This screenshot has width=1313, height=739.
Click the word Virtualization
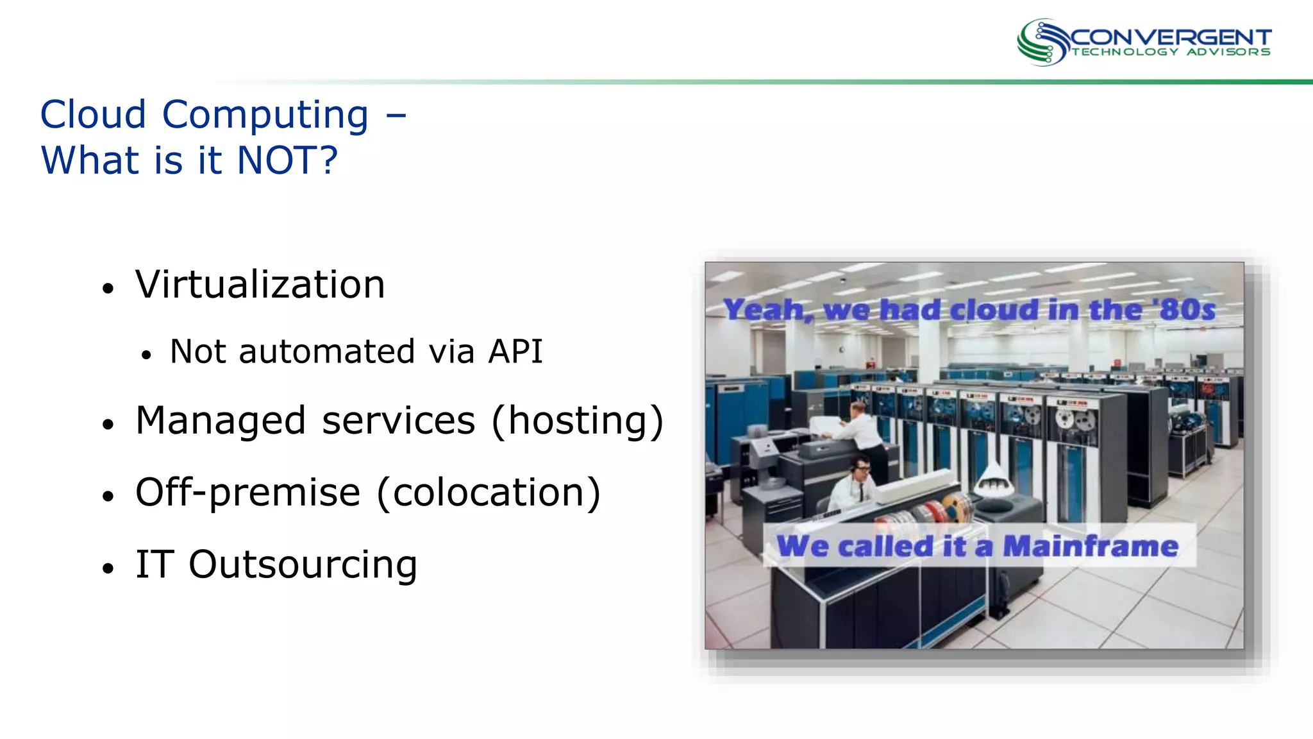(x=260, y=285)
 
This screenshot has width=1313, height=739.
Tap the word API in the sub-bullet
(x=515, y=352)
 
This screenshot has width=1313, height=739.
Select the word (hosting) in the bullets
(x=577, y=421)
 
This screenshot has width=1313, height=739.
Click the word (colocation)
(x=489, y=493)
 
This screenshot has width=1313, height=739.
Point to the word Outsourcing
(x=303, y=565)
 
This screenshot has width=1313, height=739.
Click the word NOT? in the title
(x=287, y=160)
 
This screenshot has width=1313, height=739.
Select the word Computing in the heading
(x=265, y=115)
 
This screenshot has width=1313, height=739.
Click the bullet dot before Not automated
(x=147, y=355)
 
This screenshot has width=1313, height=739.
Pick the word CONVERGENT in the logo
(x=1170, y=37)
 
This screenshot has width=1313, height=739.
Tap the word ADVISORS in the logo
(x=1228, y=52)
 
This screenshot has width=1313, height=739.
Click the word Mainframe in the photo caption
(x=1090, y=547)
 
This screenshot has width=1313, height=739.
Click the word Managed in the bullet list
(x=221, y=421)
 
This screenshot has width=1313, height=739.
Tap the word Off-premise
(x=247, y=493)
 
